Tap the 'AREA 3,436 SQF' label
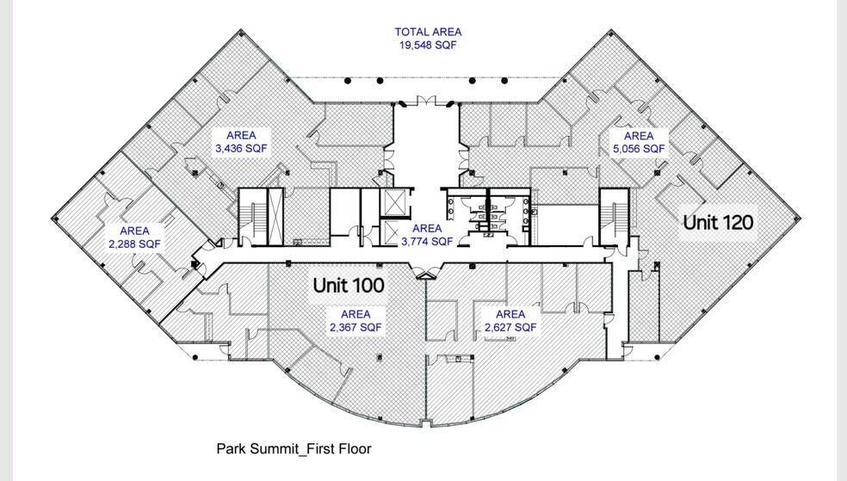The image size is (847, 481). click(247, 142)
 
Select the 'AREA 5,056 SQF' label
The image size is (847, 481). click(638, 142)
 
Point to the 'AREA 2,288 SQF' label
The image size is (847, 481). click(133, 237)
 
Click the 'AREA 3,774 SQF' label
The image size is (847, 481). click(426, 235)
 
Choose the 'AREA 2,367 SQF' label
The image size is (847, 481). click(355, 321)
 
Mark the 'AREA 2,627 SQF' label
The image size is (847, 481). click(510, 321)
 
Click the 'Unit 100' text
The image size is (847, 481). click(348, 283)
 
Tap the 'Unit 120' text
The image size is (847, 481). click(718, 222)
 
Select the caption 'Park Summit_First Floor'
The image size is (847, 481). click(294, 448)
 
